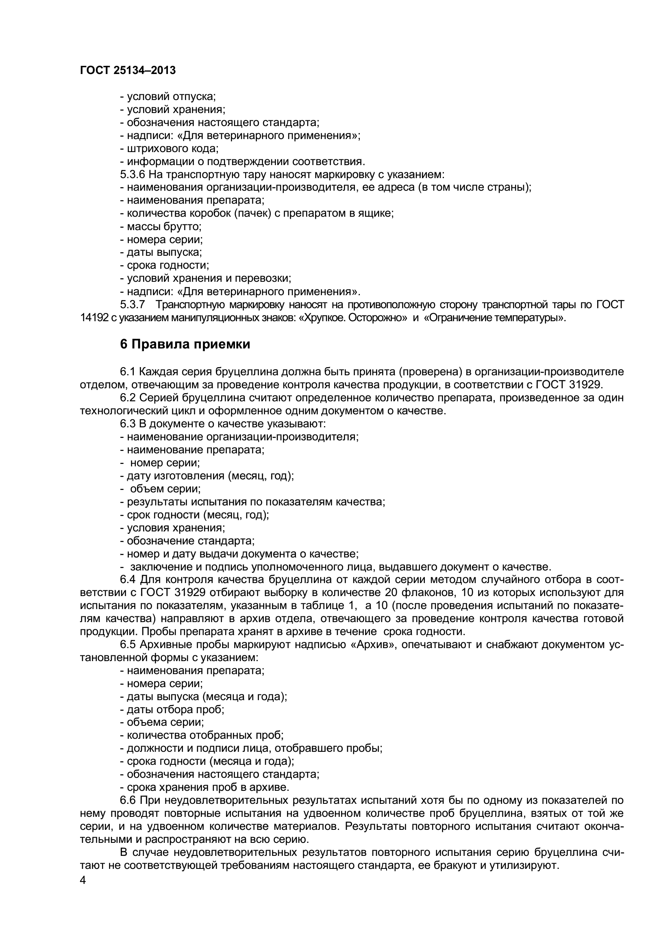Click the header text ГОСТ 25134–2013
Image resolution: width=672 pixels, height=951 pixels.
(x=128, y=70)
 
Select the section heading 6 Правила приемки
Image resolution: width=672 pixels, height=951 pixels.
(x=185, y=344)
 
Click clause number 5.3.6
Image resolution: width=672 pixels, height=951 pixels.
(x=133, y=174)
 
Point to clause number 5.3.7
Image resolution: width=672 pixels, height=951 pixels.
(x=133, y=305)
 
